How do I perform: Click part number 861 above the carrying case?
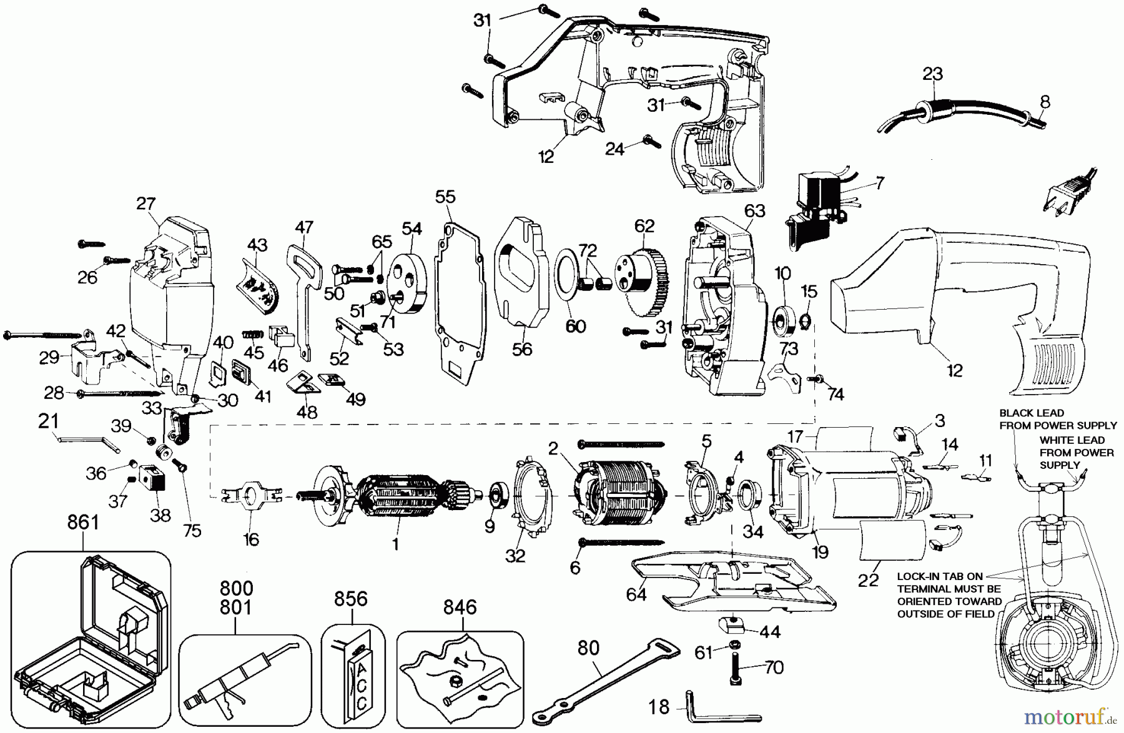[x=83, y=521]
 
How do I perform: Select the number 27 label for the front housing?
[x=146, y=204]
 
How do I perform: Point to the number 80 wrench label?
[x=588, y=647]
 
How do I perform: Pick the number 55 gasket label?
[x=446, y=197]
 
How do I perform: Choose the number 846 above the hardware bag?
[x=460, y=607]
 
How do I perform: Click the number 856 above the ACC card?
[x=351, y=599]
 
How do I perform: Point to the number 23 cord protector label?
[x=933, y=74]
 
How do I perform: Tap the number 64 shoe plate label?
[x=636, y=594]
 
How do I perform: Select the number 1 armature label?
[x=395, y=544]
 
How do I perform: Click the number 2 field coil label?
[x=553, y=448]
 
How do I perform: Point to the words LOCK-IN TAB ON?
[x=940, y=576]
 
